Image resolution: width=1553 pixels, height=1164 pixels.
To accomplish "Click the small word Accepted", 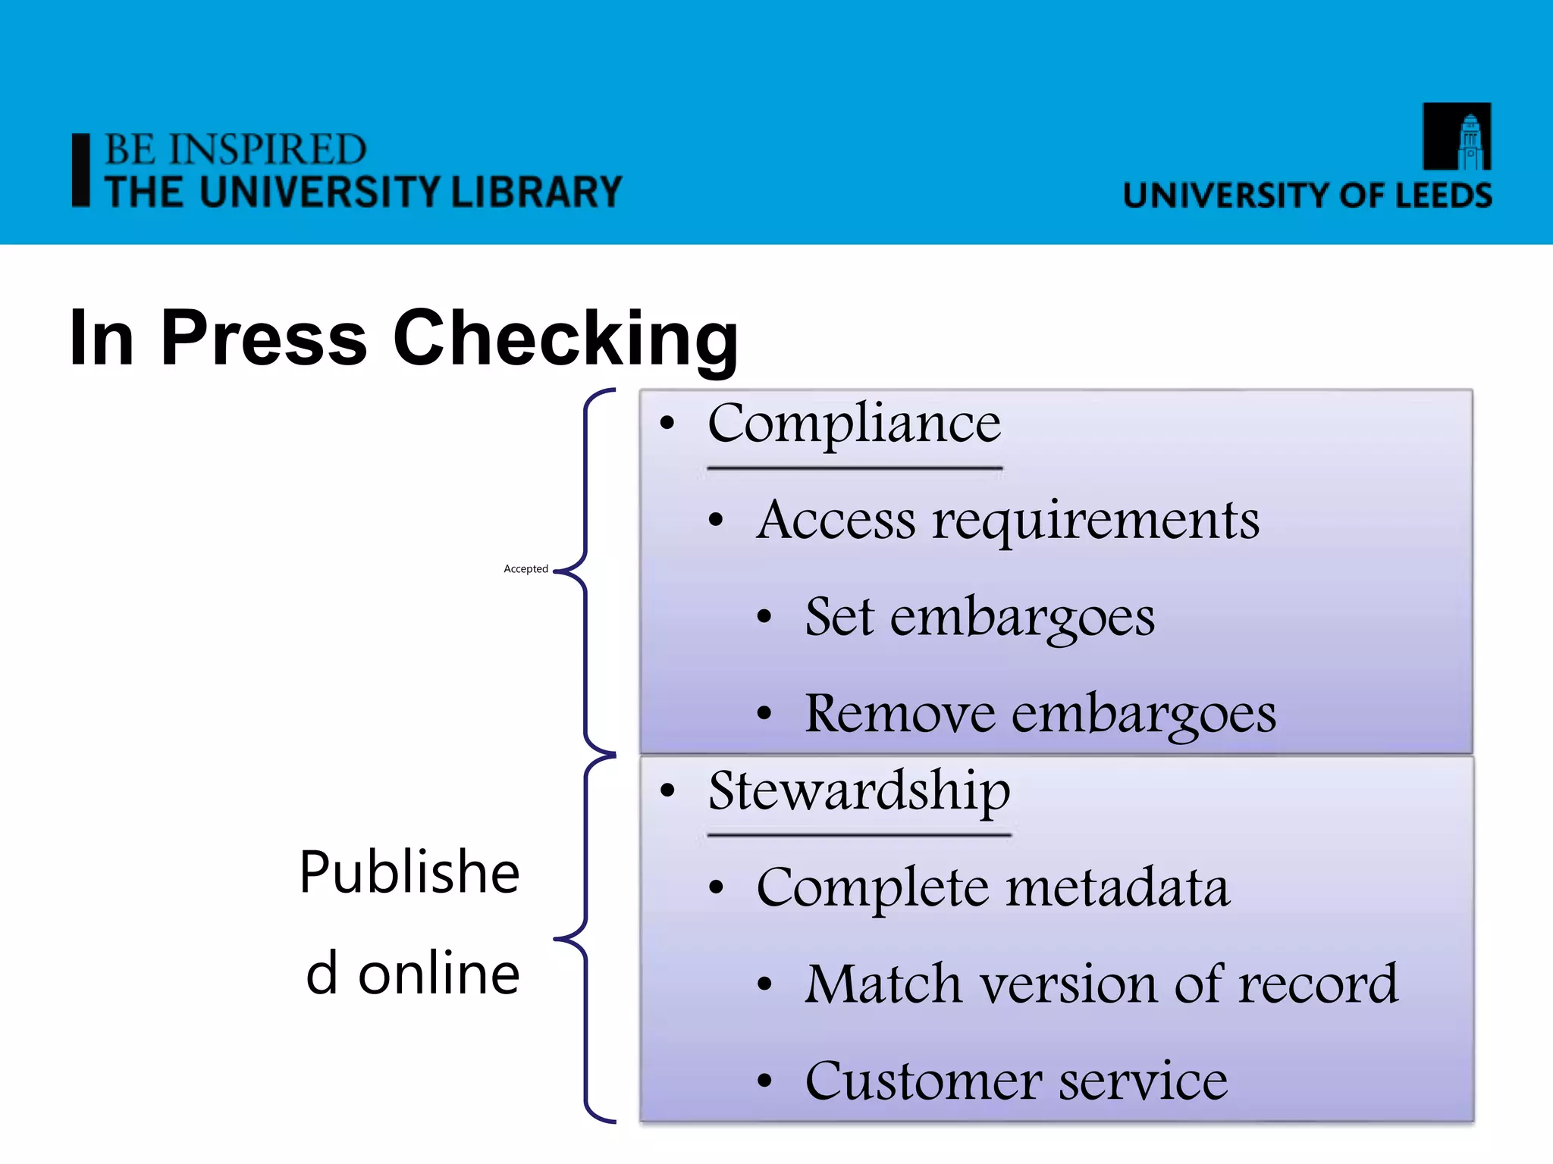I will [526, 569].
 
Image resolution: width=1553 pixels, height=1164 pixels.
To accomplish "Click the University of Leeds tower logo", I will [1457, 136].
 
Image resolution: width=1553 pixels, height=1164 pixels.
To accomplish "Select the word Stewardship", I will [859, 791].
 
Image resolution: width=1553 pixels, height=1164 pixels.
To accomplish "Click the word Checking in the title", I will [565, 339].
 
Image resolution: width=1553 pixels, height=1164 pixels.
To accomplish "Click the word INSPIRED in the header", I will [268, 149].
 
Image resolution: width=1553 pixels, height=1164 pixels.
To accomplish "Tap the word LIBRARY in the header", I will [536, 192].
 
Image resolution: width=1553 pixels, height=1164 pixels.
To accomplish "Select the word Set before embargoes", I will [839, 616].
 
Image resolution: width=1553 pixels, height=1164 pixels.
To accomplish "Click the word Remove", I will [899, 713].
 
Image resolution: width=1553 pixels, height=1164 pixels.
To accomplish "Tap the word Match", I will [883, 984].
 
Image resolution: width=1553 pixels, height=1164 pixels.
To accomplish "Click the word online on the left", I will [438, 974].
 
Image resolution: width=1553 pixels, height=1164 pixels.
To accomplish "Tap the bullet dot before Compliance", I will [667, 423].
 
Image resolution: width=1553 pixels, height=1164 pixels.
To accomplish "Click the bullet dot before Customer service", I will [764, 1081].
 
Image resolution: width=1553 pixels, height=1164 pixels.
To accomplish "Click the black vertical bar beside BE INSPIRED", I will [80, 171].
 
